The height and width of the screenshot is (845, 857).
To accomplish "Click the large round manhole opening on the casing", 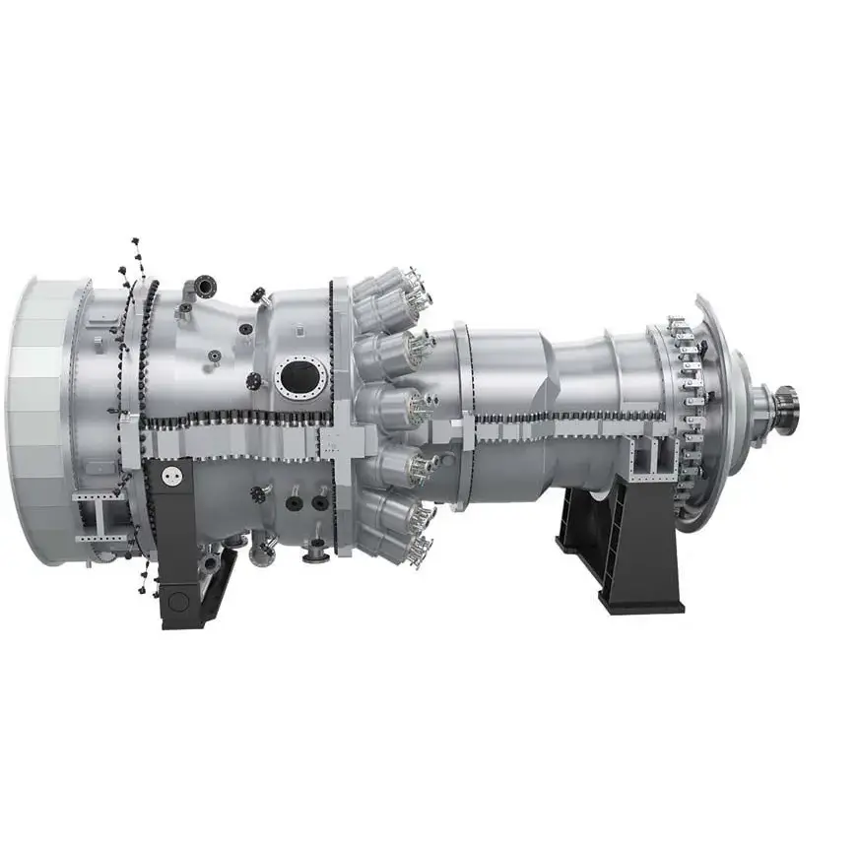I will coord(301,377).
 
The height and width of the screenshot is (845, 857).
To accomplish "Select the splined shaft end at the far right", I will coord(787,410).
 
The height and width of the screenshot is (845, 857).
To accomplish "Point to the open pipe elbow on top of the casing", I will coord(204,287).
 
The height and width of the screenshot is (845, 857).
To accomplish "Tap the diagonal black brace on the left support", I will coord(218,585).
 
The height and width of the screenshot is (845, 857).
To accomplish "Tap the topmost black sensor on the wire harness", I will coord(135,241).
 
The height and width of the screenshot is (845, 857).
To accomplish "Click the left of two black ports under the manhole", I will coord(294,502).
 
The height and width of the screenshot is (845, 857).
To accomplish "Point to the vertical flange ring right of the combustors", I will coord(461,414).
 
